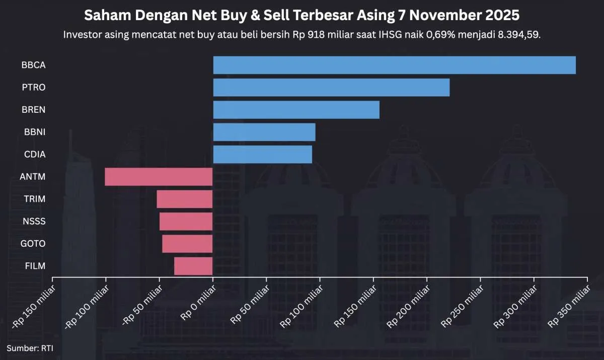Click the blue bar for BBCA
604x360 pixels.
(x=394, y=65)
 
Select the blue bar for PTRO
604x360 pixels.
(x=331, y=88)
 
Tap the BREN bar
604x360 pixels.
(x=296, y=110)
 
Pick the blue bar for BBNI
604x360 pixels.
(x=264, y=132)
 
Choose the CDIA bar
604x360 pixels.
(x=262, y=154)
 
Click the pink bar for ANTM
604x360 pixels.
(x=159, y=177)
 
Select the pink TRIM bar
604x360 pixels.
(x=184, y=199)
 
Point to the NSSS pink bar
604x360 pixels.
(x=186, y=221)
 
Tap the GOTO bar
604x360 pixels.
(x=187, y=244)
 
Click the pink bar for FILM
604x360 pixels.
(x=193, y=266)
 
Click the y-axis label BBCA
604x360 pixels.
(x=34, y=65)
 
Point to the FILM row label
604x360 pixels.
(x=35, y=266)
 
